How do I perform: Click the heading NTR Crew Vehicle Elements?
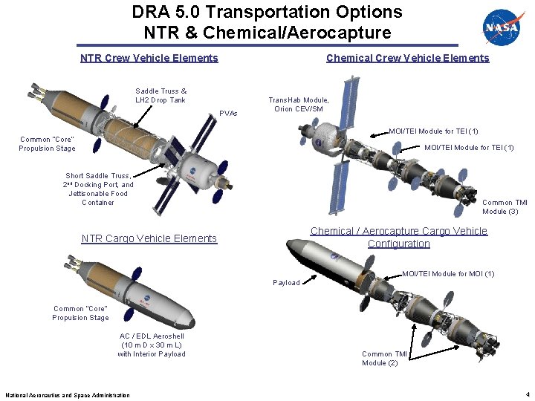coord(149,58)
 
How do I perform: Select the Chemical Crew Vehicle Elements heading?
coord(407,58)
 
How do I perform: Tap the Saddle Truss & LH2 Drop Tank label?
coord(160,96)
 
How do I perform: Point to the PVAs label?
coord(229,114)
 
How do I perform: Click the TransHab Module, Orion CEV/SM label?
coord(299,105)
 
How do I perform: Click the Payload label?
coord(287,283)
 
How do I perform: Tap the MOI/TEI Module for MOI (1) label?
coord(448,274)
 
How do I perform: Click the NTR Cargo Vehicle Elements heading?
coord(149,238)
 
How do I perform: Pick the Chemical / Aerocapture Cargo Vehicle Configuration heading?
coord(399,238)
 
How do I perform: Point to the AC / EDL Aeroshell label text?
coord(151,345)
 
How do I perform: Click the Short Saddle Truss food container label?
coord(99,189)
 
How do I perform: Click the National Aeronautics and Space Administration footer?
coord(68,395)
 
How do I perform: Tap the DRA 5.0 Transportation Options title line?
coord(267,13)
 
